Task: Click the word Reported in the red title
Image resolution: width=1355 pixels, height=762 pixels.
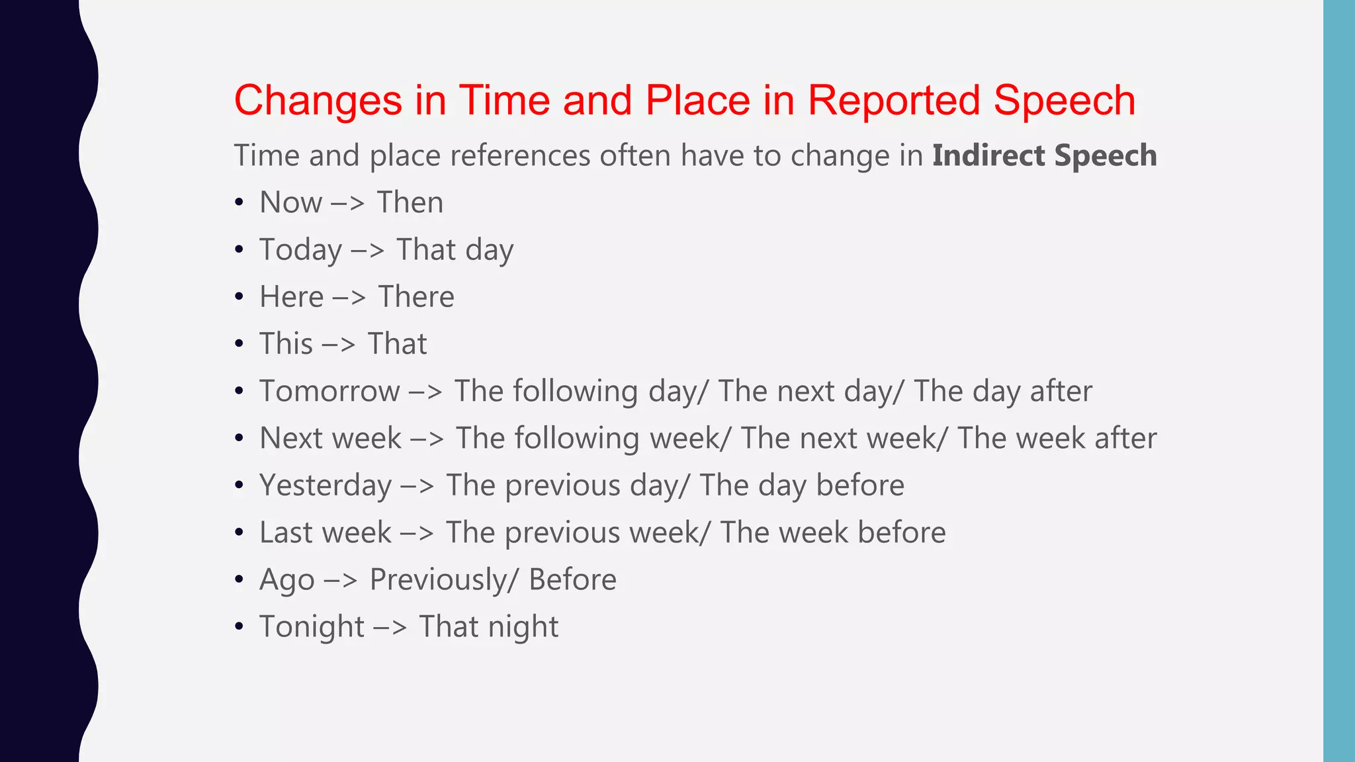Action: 893,101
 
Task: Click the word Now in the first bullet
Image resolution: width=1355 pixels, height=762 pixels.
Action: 290,202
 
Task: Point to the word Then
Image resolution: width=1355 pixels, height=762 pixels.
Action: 410,202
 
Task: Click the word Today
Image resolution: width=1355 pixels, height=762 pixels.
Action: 300,250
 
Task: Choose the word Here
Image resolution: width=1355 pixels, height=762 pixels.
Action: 291,297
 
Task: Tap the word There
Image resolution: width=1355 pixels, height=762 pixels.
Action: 416,297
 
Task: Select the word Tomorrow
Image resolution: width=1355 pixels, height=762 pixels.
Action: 329,391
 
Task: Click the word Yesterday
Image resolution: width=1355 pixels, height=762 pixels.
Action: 326,486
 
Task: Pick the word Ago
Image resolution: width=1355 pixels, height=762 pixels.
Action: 286,580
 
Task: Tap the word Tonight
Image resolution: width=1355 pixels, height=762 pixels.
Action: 312,627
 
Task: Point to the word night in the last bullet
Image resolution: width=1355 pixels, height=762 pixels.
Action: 523,627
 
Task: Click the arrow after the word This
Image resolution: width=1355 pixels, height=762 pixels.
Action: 339,345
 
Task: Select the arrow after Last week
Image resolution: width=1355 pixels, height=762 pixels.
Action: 417,533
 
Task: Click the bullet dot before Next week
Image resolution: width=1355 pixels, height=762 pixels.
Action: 239,439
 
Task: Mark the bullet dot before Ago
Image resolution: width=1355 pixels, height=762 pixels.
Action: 239,580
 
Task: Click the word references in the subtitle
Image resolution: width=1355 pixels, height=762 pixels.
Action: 520,156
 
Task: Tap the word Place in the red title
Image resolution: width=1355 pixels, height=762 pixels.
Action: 697,101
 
